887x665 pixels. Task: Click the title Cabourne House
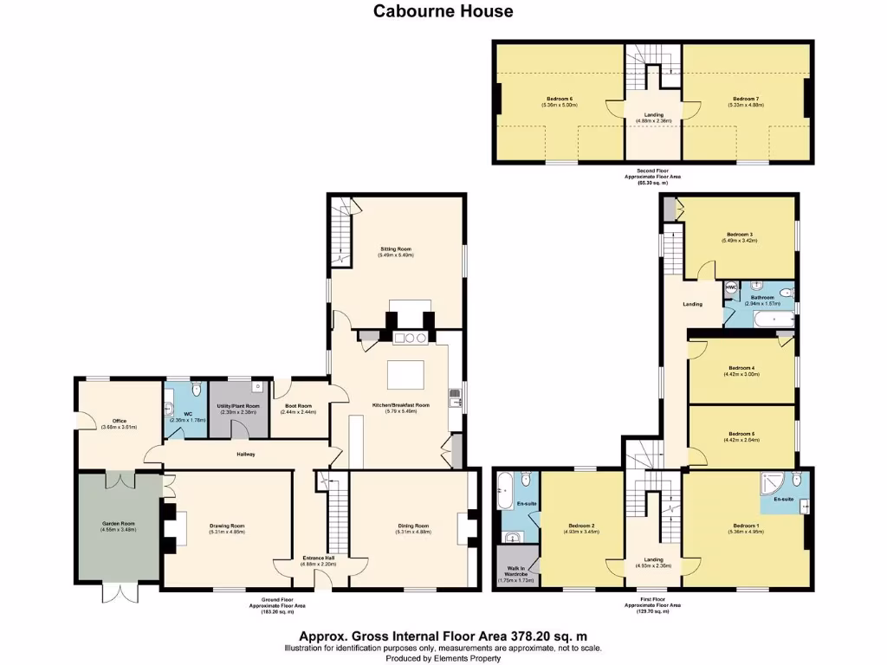[443, 11]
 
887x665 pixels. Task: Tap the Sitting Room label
[395, 249]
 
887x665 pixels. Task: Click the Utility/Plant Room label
[238, 406]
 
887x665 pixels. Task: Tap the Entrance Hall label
[317, 558]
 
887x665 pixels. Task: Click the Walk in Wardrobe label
[515, 573]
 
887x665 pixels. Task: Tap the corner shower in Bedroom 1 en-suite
[769, 481]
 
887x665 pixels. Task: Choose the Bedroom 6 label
[559, 99]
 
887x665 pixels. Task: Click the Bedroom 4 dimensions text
[740, 374]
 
